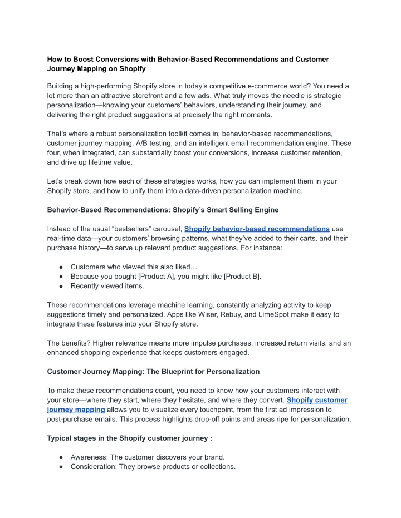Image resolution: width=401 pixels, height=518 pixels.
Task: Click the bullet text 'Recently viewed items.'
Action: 107,286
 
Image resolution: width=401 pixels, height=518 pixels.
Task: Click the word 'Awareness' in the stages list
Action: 89,457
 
